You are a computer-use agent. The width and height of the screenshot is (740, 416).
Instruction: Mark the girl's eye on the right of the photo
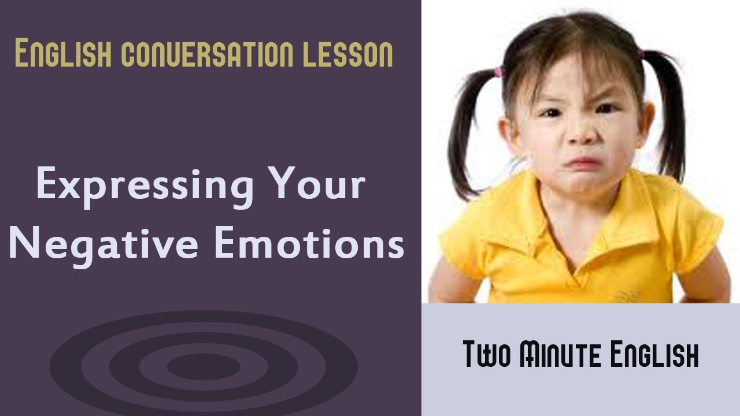(x=606, y=108)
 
